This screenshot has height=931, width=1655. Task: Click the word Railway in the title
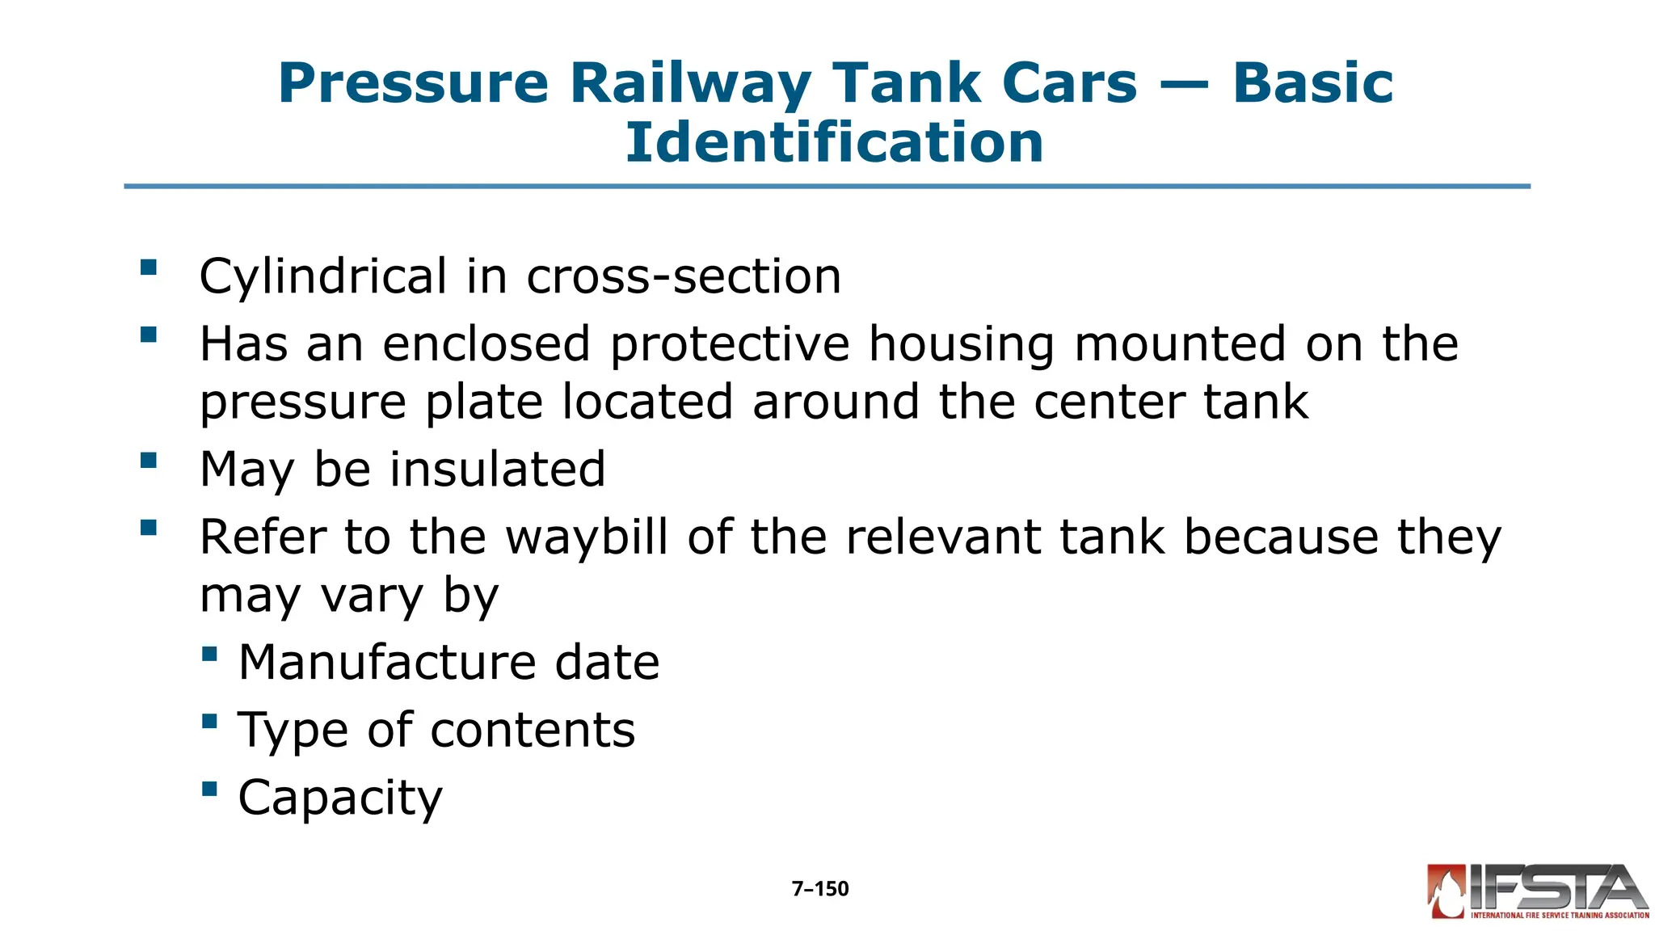(690, 84)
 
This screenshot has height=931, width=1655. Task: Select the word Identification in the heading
(834, 142)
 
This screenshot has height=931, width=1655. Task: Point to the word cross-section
(684, 276)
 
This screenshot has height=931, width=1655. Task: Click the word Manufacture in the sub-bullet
(387, 663)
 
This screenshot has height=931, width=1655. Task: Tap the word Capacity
(340, 798)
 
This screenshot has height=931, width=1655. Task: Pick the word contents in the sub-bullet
(533, 730)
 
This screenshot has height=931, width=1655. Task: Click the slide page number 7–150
(820, 889)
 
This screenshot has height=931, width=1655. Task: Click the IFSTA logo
(1537, 892)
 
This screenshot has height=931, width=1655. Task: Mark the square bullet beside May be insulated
(148, 461)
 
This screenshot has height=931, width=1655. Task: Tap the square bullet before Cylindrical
(148, 268)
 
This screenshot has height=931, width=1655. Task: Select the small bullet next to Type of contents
(209, 721)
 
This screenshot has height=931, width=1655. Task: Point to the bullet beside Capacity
(209, 788)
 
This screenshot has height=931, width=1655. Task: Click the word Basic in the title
(1312, 84)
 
